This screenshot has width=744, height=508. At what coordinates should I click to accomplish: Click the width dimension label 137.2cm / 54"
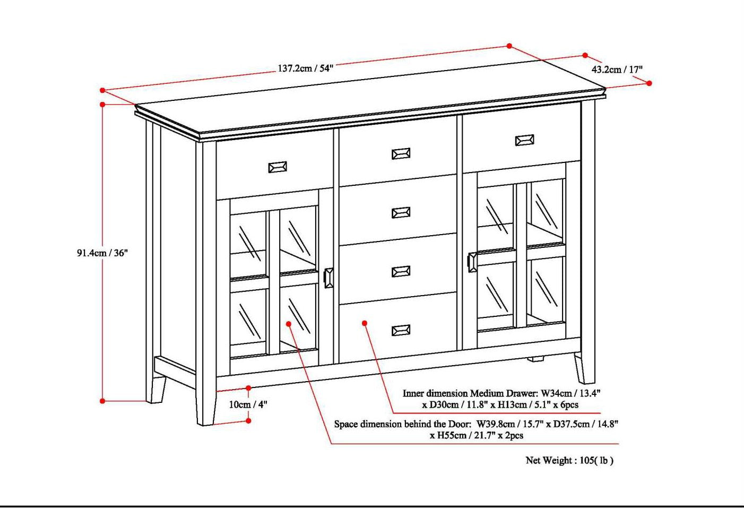tap(305, 68)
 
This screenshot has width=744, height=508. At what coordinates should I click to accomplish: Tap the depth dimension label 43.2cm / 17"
tap(617, 70)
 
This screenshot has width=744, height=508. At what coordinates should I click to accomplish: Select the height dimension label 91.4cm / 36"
tap(102, 253)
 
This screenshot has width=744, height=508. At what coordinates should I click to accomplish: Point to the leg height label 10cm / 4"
tap(248, 404)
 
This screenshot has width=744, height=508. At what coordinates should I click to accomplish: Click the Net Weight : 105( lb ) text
tap(569, 461)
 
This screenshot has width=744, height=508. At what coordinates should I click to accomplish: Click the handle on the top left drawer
tap(277, 167)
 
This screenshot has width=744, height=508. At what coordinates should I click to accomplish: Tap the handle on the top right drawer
tap(524, 140)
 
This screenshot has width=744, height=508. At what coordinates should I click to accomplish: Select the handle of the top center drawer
tap(401, 154)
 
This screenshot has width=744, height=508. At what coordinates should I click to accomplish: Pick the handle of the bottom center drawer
tap(401, 331)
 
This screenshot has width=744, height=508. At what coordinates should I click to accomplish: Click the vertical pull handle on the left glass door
tap(328, 278)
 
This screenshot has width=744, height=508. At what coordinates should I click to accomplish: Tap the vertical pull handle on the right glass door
tap(472, 262)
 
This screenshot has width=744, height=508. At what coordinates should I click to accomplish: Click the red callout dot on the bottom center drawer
tap(365, 323)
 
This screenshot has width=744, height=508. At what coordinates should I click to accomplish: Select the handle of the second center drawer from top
tap(401, 213)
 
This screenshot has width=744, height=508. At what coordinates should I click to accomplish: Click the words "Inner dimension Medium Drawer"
tap(470, 394)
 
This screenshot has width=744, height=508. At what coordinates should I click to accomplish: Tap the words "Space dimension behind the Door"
tap(402, 424)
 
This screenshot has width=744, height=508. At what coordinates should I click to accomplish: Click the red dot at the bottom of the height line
tap(102, 401)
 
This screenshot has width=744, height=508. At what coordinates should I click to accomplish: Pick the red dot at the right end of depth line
tap(649, 83)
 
